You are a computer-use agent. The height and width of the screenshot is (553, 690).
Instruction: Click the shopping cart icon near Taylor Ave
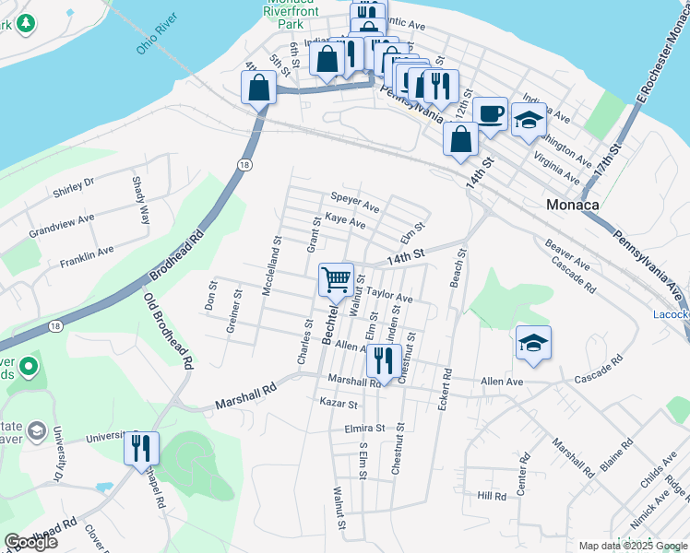337,277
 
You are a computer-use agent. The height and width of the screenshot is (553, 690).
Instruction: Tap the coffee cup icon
491,112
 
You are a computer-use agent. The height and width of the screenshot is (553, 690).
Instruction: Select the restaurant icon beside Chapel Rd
141,448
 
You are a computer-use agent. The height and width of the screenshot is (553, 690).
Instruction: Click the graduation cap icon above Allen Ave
533,343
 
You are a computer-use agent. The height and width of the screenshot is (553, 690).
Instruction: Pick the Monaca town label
573,206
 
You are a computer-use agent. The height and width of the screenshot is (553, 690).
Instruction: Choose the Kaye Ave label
345,223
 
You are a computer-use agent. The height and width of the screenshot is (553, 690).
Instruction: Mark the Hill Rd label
492,496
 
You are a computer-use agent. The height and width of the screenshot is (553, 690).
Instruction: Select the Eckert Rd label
445,391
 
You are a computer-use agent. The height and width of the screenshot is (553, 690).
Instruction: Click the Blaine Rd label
616,455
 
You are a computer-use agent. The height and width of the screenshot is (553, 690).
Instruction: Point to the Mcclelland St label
270,265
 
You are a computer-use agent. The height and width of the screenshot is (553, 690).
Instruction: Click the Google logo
30,542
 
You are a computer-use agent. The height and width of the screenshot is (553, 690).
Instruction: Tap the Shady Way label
141,201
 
